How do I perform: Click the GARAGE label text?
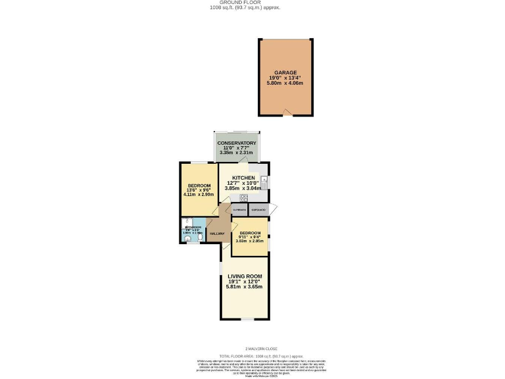point(286,72)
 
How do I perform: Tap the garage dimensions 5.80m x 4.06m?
point(286,84)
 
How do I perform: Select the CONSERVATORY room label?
point(237,143)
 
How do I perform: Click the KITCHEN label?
point(243,178)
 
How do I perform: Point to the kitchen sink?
point(264,180)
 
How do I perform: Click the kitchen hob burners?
point(243,197)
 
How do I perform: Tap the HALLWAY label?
point(216,234)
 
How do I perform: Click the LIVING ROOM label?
point(245,276)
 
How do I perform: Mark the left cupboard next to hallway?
point(239,210)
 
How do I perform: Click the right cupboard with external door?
point(258,210)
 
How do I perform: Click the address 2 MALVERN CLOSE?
point(261,348)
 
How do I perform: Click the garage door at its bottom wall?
point(285,110)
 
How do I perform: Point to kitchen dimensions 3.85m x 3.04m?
point(243,188)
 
